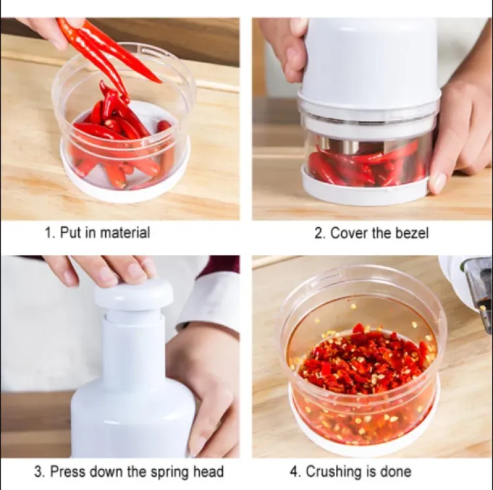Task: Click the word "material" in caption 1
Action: click(x=127, y=233)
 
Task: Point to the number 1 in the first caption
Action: click(x=47, y=233)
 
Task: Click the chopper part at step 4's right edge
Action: click(x=470, y=282)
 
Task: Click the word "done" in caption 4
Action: click(x=396, y=472)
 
